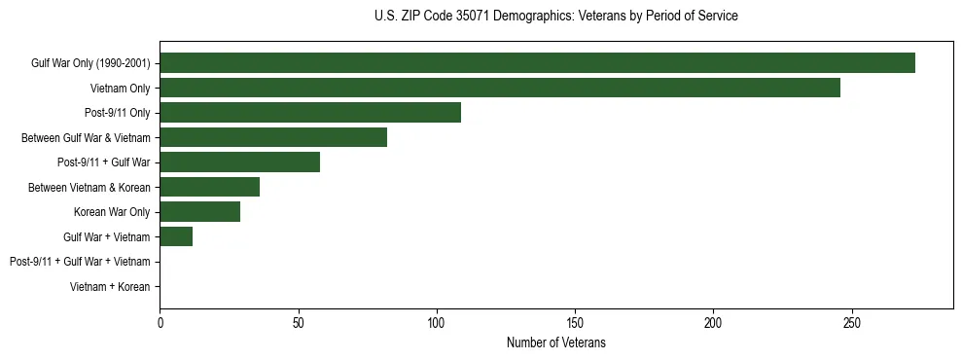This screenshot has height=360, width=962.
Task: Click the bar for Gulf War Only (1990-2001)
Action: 537,63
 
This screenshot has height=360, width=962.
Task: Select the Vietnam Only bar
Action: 500,88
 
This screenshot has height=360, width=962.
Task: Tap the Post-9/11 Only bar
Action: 310,113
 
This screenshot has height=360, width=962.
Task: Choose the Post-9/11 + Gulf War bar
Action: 239,162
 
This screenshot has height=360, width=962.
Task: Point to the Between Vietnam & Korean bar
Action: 209,187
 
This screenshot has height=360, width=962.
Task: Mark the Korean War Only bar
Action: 199,212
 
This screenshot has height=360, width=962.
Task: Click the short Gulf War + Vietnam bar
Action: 176,236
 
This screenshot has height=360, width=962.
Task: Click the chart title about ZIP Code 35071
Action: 555,17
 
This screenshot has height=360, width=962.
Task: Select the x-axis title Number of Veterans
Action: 555,342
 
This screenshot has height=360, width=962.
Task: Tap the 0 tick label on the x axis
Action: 160,323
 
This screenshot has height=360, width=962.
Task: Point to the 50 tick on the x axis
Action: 299,323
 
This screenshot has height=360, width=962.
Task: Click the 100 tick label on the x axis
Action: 437,323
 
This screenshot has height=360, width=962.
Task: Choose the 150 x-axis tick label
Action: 575,323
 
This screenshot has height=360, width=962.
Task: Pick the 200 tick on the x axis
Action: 713,323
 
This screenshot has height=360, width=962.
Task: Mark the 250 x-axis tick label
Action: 852,323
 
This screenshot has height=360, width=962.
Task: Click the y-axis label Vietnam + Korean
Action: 110,287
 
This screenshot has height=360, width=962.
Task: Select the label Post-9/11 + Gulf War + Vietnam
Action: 80,262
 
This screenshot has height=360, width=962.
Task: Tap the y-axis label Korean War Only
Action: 112,212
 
